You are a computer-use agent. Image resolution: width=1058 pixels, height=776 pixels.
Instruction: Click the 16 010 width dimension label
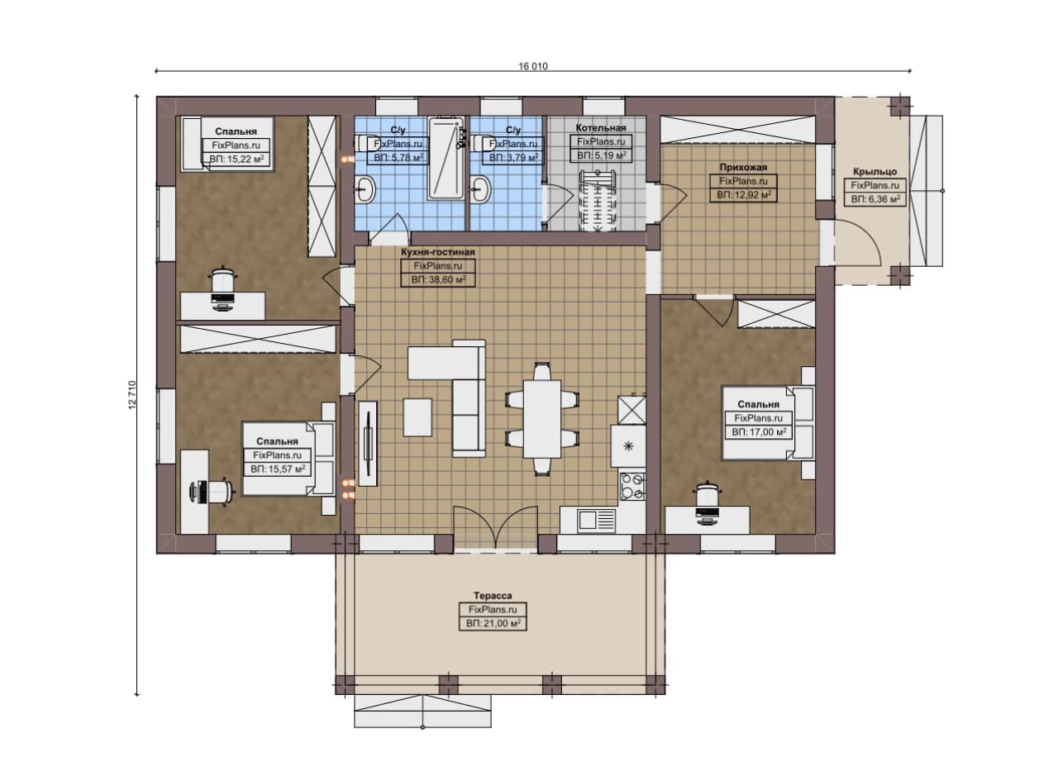coord(533,66)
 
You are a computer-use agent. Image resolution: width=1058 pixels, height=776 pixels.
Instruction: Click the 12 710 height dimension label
coord(132,394)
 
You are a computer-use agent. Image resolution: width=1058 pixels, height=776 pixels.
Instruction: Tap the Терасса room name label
coord(493,596)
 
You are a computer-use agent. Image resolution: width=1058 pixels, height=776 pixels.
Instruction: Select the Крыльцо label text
coord(875,171)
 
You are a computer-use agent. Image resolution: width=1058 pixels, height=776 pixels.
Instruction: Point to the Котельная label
coord(601,127)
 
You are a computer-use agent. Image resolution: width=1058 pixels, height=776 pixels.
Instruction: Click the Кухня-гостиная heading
coord(438,252)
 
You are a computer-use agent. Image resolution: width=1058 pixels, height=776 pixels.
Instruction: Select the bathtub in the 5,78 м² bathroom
coord(446,159)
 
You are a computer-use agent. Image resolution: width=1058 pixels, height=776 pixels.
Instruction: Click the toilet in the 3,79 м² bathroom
coord(481,144)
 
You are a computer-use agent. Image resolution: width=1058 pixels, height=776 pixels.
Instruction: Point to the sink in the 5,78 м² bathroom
coord(365,189)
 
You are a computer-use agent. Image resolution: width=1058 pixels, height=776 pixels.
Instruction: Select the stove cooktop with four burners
coord(633,486)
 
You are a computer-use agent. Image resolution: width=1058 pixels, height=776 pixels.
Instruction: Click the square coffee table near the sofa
coord(417,417)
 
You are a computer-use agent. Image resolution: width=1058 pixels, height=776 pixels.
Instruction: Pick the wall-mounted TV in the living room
coord(368,443)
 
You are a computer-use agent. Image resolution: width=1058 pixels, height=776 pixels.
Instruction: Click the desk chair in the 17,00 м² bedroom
coord(707,494)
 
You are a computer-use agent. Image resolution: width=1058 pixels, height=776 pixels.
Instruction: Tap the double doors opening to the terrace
coord(495,528)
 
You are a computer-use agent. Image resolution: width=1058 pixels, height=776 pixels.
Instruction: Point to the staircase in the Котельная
coord(598,202)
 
